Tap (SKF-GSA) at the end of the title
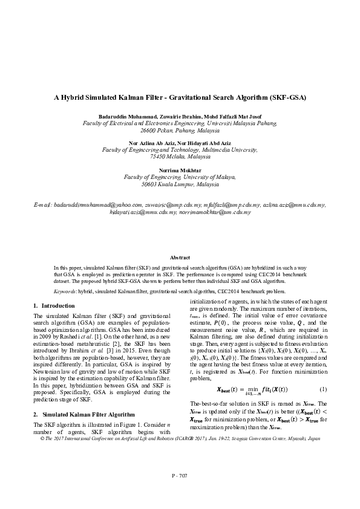click(x=288, y=97)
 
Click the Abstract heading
click(x=180, y=258)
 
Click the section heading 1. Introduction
click(x=54, y=306)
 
